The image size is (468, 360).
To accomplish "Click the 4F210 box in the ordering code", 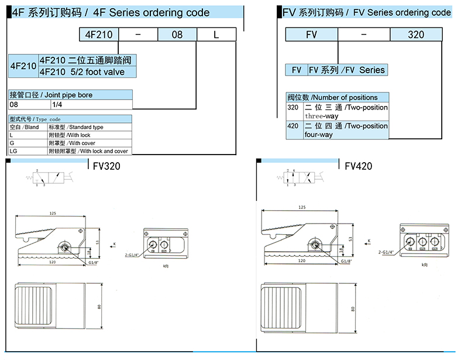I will (98, 35).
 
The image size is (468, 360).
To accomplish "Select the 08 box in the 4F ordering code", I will (177, 35).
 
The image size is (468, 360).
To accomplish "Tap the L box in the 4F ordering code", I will (216, 35).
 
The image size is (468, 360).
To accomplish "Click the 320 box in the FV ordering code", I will (415, 35).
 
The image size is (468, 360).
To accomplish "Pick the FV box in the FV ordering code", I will (311, 35).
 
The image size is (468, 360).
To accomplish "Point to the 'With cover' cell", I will (89, 143).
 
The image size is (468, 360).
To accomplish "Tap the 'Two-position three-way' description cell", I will (346, 112).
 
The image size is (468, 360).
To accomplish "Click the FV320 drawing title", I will (107, 166).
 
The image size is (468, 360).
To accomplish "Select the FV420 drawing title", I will (359, 166).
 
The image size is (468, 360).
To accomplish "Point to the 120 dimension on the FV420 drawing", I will (302, 261).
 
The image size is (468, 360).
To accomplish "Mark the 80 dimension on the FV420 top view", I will (353, 309).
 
